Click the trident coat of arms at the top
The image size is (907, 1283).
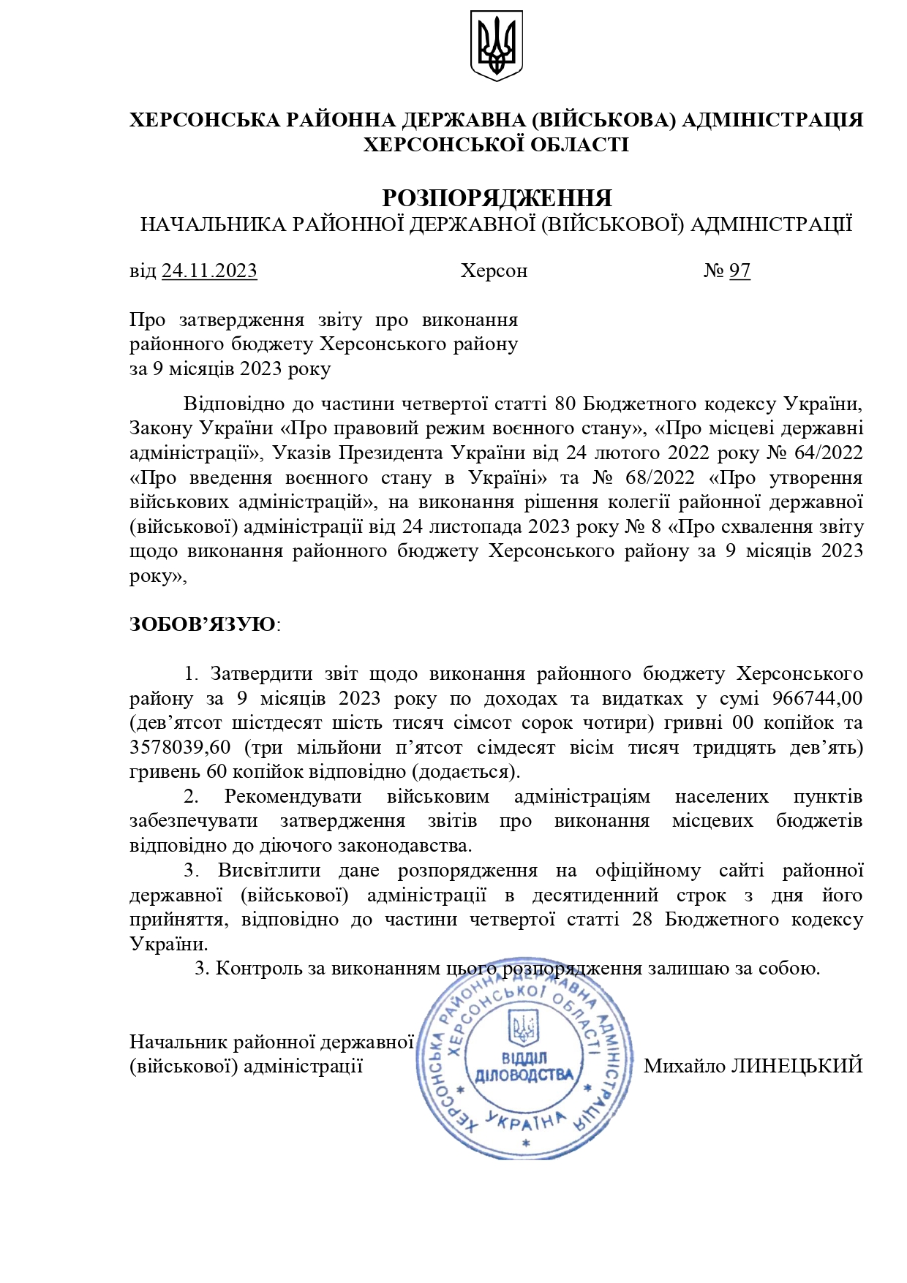click(x=496, y=45)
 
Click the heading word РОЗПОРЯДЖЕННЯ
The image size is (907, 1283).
click(x=497, y=198)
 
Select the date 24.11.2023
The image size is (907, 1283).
click(x=209, y=271)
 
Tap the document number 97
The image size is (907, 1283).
click(x=739, y=271)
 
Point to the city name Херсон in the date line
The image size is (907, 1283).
click(x=494, y=271)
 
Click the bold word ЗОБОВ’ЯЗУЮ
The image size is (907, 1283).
click(x=203, y=624)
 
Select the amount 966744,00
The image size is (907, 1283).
click(x=817, y=698)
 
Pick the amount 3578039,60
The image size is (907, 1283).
click(x=180, y=747)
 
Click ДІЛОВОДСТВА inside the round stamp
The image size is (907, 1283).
click(x=524, y=1075)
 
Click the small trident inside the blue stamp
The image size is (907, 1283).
click(x=524, y=1028)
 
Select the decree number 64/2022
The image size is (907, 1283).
click(x=828, y=453)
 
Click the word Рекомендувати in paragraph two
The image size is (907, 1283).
click(x=293, y=796)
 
